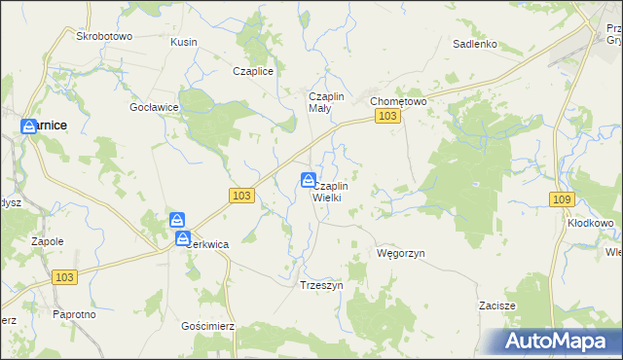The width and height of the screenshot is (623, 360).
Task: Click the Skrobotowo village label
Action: pyautogui.click(x=104, y=36)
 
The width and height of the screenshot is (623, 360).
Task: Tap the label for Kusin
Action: pyautogui.click(x=184, y=43)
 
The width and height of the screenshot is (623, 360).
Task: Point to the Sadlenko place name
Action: pyautogui.click(x=475, y=44)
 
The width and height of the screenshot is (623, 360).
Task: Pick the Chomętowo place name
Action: pyautogui.click(x=397, y=100)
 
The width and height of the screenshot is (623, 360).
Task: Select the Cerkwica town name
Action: pyautogui.click(x=206, y=245)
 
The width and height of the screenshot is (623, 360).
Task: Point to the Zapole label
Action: pyautogui.click(x=47, y=240)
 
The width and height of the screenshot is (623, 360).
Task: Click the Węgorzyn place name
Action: pyautogui.click(x=401, y=253)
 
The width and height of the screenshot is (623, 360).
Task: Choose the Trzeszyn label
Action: pyautogui.click(x=321, y=286)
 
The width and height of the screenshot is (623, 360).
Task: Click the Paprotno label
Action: pyautogui.click(x=74, y=314)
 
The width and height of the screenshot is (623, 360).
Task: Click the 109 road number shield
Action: pyautogui.click(x=560, y=199)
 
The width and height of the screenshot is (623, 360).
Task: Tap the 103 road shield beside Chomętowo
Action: pyautogui.click(x=387, y=117)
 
